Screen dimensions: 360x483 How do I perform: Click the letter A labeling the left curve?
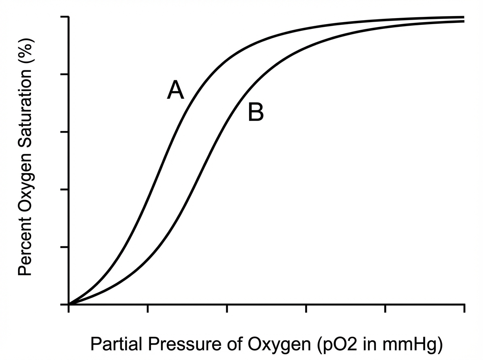(x=175, y=90)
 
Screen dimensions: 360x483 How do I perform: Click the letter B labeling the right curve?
(x=256, y=112)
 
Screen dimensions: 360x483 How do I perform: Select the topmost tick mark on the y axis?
(x=64, y=17)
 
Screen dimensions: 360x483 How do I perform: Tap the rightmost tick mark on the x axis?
(x=464, y=309)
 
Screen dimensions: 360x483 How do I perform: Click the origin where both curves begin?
(x=69, y=304)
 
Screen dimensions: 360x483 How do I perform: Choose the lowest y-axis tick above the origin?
(x=64, y=247)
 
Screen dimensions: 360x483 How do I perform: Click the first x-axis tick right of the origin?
(x=148, y=309)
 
